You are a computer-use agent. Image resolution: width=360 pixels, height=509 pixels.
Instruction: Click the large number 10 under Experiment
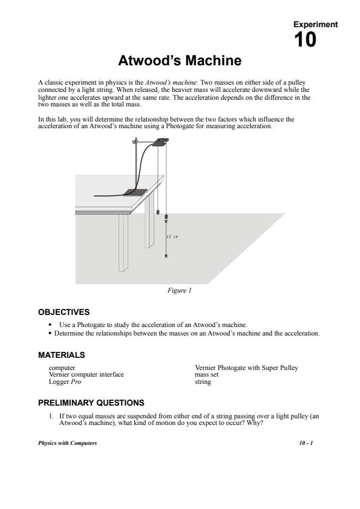pos(305,40)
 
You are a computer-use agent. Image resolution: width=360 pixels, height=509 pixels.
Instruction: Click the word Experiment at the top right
pos(315,24)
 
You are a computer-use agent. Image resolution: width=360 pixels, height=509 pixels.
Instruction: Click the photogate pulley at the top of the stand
pos(161,142)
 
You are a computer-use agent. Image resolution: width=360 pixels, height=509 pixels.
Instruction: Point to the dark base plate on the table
pos(135,192)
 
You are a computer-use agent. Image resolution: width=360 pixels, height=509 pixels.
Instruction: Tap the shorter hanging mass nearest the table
pos(158,212)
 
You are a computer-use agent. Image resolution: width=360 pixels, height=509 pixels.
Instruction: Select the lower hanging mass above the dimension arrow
pos(166,216)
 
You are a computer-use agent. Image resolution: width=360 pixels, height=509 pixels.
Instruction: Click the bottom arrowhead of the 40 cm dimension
pos(166,256)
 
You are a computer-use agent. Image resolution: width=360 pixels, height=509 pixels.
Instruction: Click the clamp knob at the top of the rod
pos(135,141)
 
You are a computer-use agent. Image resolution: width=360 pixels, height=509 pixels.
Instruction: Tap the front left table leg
pos(123,243)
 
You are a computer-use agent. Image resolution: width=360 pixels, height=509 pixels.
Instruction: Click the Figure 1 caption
pos(179,290)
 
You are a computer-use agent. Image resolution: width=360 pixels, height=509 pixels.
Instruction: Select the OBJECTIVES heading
pos(64,312)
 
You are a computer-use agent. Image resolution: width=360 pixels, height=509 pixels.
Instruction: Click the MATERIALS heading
pos(61,355)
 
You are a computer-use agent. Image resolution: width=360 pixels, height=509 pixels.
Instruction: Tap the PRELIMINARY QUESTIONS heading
pos(91,403)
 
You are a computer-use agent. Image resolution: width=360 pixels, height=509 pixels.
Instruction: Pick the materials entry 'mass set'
pos(207,374)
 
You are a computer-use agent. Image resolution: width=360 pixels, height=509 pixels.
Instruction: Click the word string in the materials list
pos(203,382)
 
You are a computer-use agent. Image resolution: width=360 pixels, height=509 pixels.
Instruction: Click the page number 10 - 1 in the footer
pos(306,443)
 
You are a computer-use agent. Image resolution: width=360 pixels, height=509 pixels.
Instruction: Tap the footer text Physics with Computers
pos(67,443)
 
